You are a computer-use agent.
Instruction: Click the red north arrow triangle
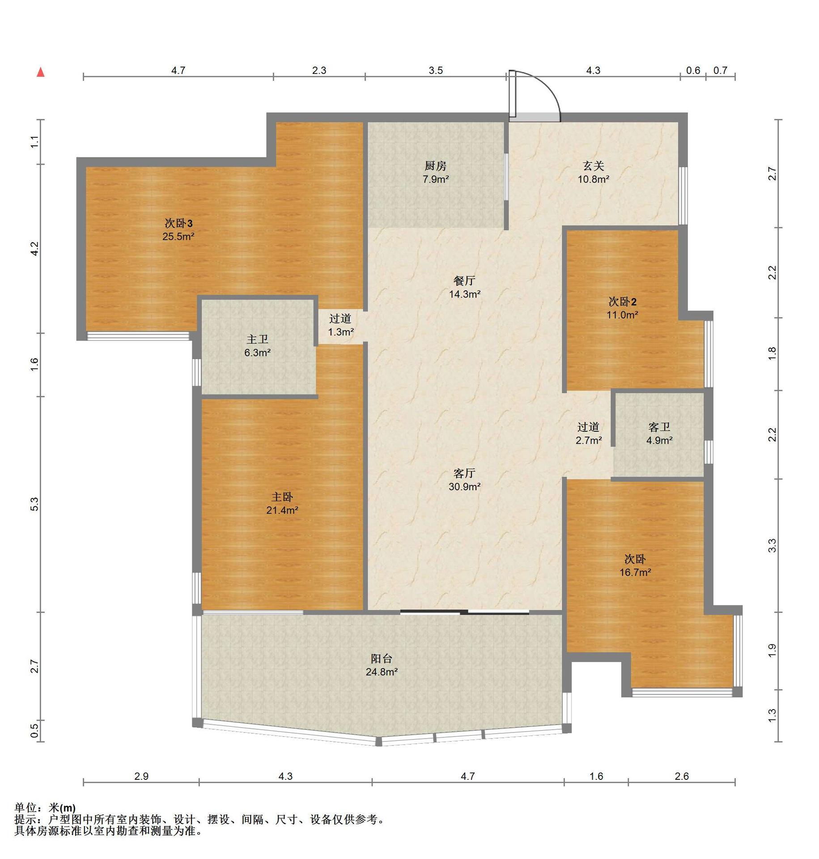pyautogui.click(x=41, y=72)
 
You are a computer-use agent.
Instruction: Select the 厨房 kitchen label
pyautogui.click(x=435, y=166)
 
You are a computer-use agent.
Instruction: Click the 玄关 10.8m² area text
pyautogui.click(x=593, y=179)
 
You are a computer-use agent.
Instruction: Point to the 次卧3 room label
pyautogui.click(x=178, y=223)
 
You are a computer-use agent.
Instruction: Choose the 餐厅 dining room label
pyautogui.click(x=464, y=281)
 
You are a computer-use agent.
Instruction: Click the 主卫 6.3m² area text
pyautogui.click(x=257, y=353)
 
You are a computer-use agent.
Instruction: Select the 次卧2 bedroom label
pyautogui.click(x=622, y=302)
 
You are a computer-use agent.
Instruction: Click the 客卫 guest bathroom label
pyautogui.click(x=659, y=427)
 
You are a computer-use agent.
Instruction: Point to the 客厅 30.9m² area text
pyautogui.click(x=465, y=487)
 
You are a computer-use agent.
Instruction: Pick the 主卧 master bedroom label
pyautogui.click(x=282, y=497)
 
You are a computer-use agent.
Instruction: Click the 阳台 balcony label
pyautogui.click(x=382, y=659)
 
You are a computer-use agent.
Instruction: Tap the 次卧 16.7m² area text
pyautogui.click(x=635, y=572)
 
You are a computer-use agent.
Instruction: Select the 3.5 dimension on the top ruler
pyautogui.click(x=436, y=70)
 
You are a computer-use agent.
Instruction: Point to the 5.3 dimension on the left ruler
pyautogui.click(x=35, y=504)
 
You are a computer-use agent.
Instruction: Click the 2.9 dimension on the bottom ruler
pyautogui.click(x=141, y=776)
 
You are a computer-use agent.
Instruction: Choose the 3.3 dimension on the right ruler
pyautogui.click(x=772, y=546)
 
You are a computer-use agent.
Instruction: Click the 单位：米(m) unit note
pyautogui.click(x=45, y=808)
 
